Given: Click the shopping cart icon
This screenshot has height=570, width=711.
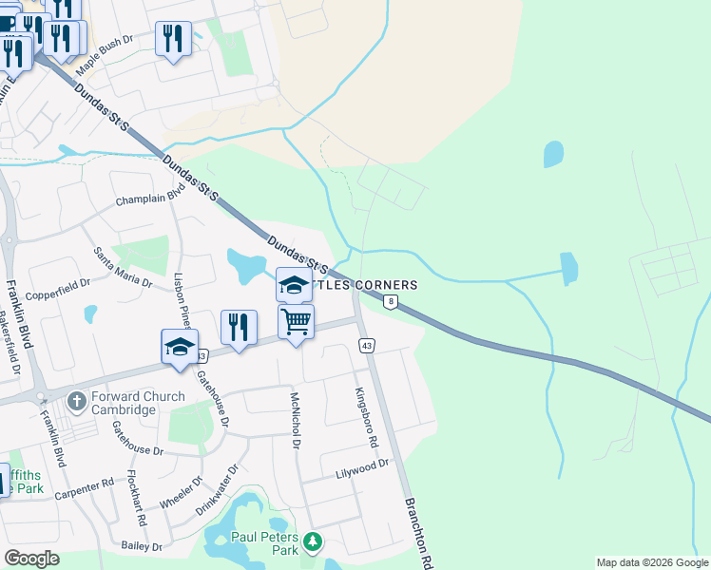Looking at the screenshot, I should [297, 323].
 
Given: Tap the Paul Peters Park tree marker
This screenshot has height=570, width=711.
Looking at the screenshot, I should [313, 542].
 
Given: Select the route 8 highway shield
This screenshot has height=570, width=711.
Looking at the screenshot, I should [390, 301].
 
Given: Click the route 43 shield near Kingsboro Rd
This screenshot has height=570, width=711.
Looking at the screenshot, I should [365, 345].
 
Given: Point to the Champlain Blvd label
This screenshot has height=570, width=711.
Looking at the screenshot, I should [149, 197].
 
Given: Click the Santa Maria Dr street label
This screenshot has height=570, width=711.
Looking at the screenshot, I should [122, 268].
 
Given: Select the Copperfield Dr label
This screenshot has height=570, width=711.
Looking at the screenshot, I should [58, 283].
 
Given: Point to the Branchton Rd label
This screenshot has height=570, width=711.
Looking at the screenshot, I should [419, 532].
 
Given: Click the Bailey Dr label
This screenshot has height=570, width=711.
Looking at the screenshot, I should [144, 546].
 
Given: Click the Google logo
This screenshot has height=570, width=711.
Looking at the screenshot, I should [31, 559].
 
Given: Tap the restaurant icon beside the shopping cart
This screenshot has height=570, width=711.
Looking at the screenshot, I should [238, 328].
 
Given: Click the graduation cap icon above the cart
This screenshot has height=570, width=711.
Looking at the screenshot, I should [294, 285].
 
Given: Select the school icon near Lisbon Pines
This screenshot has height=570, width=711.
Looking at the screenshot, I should [179, 347].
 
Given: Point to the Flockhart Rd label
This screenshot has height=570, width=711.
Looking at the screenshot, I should [138, 501].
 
